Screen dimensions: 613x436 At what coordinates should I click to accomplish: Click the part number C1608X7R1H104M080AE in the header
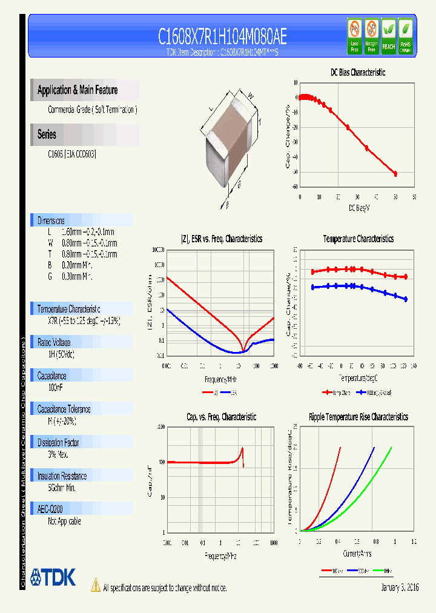222,37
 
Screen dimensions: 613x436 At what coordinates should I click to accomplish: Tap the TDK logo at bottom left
53,577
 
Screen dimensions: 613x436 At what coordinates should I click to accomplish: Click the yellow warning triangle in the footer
95,585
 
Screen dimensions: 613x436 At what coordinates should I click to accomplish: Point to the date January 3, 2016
400,588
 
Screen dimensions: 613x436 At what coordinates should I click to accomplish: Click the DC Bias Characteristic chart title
358,73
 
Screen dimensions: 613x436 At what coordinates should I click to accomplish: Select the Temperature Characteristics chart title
358,239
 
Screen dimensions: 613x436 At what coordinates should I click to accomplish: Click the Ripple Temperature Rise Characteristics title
358,417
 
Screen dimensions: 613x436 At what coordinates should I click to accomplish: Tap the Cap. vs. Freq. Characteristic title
221,417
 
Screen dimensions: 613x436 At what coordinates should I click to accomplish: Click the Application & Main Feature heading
78,90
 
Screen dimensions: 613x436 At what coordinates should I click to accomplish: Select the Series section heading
47,134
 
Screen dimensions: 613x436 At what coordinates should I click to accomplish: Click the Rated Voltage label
54,342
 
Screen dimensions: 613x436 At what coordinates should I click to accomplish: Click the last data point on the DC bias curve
395,174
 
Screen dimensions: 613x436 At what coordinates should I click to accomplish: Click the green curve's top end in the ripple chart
391,448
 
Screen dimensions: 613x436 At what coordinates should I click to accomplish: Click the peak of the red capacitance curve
242,448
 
